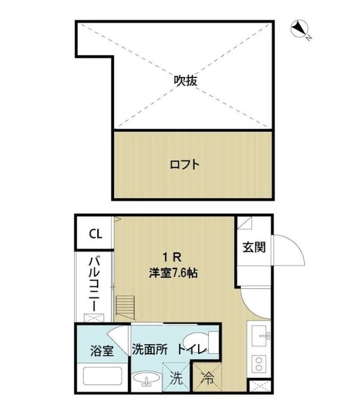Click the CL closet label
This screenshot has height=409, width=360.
(x=95, y=234)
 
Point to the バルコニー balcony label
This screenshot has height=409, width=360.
(x=95, y=283)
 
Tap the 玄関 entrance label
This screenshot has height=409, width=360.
(x=250, y=246)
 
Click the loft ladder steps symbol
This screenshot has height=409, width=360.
(x=123, y=307)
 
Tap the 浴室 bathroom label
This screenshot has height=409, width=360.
(x=101, y=351)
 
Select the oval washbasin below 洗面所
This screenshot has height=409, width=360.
(x=146, y=380)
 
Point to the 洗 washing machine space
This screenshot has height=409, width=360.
(x=176, y=378)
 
